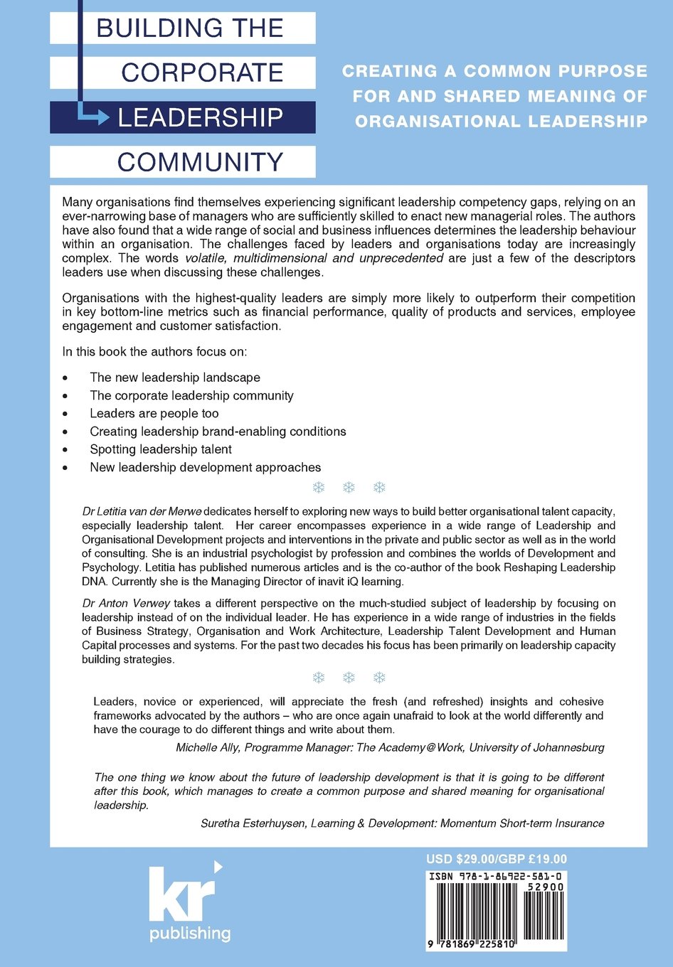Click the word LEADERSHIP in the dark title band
(x=201, y=117)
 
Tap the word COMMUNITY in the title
(x=201, y=162)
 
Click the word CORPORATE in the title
(x=202, y=73)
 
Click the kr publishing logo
(x=188, y=903)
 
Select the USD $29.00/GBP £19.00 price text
(x=497, y=859)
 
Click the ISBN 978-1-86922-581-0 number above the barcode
(x=497, y=877)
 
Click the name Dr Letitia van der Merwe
(x=142, y=511)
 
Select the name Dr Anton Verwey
(x=126, y=603)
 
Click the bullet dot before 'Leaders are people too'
(x=65, y=414)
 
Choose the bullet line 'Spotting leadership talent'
(x=161, y=449)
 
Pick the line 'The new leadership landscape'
(x=175, y=378)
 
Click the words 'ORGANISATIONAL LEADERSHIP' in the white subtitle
(x=502, y=122)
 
